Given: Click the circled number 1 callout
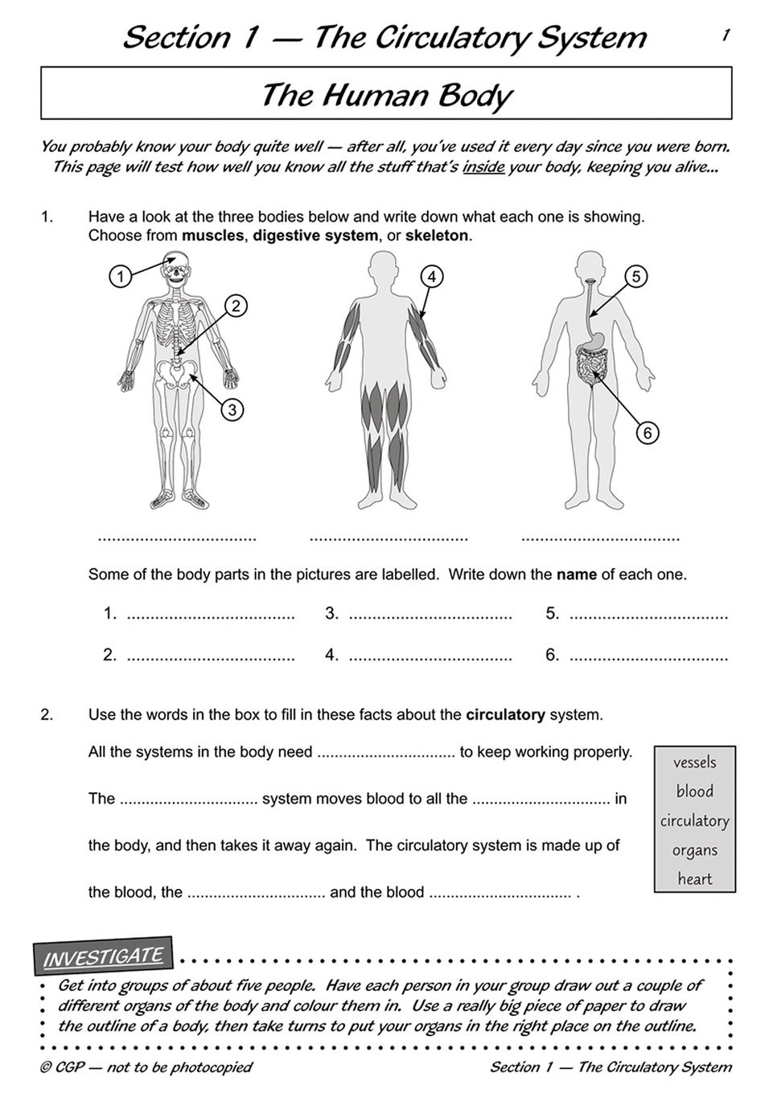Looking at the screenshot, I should point(120,277).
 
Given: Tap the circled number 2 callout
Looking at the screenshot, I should point(236,306).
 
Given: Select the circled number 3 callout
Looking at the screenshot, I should point(232,409).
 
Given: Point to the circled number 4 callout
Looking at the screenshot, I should point(432,277).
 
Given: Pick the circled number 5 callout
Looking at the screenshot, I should point(635,277).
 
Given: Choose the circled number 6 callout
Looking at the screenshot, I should point(648,433).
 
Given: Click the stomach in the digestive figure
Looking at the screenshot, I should point(594,342).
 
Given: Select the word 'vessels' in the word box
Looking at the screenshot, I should point(694,763).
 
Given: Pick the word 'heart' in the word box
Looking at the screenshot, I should point(694,878).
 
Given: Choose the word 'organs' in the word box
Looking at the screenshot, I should point(694,850).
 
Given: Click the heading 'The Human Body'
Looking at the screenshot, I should point(386,95).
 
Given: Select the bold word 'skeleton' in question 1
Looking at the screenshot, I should point(436,236).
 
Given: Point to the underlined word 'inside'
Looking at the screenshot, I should point(483,167).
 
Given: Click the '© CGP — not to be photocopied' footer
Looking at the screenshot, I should point(146,1067).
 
